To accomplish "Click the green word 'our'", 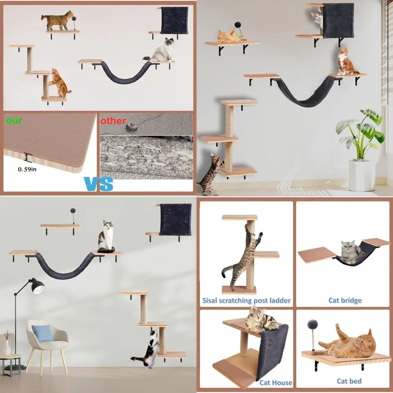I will [14, 120].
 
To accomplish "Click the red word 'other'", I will [113, 121].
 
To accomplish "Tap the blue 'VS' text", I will [98, 184].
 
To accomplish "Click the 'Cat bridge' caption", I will [345, 301].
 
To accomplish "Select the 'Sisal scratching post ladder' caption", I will [246, 301].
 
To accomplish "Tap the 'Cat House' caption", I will [275, 382].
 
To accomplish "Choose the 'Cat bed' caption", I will [349, 381].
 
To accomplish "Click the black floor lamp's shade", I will [38, 287].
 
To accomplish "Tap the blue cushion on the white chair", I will [42, 333].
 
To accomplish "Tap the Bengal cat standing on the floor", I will [210, 175].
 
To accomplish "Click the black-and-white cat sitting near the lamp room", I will [106, 237].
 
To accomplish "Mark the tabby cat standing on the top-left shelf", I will [57, 20].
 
